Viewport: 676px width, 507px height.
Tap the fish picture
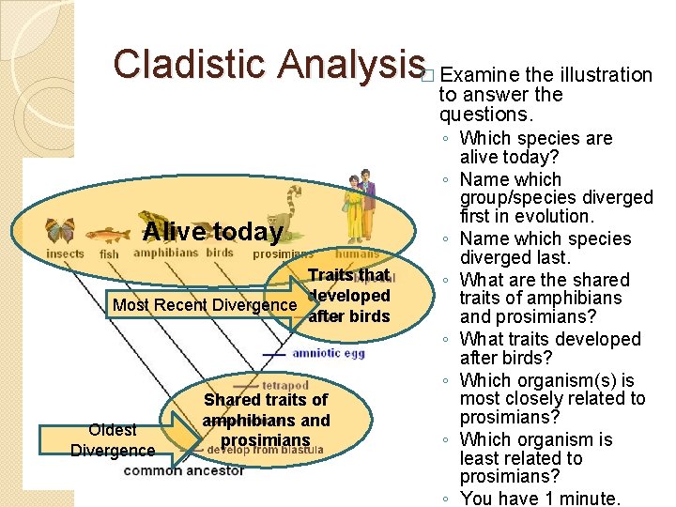[x=110, y=234]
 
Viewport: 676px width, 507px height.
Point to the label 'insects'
[x=65, y=254]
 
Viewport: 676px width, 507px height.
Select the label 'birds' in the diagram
[x=220, y=253]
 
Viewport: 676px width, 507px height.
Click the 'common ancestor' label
[x=183, y=471]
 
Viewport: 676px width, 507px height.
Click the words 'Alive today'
[x=213, y=232]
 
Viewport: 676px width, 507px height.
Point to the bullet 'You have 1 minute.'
[x=535, y=499]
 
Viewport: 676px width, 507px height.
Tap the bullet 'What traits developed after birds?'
[x=549, y=348]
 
